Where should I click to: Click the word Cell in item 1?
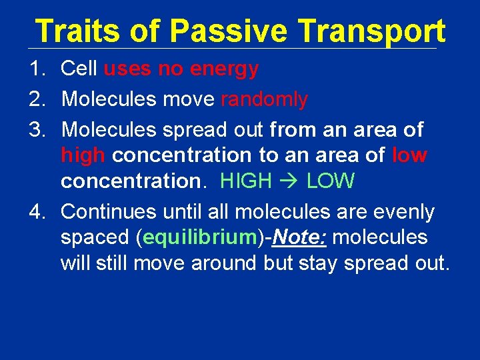[79, 69]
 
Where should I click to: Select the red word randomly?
[264, 100]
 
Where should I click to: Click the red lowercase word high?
[83, 156]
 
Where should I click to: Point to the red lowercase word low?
[409, 155]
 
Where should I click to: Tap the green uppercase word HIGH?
[245, 181]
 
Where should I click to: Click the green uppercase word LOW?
[331, 181]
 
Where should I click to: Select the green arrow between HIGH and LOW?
[289, 181]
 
